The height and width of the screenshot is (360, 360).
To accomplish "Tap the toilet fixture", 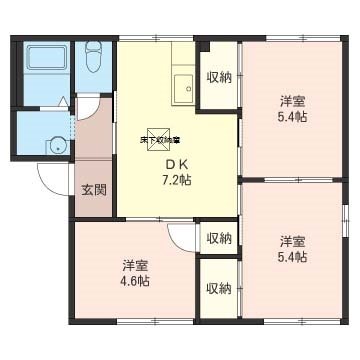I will coord(93,61).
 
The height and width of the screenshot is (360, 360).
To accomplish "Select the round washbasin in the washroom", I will coord(56,141).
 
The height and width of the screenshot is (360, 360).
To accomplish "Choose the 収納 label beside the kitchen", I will coord(218,76).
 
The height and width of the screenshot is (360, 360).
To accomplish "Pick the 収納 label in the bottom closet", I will coord(218,288).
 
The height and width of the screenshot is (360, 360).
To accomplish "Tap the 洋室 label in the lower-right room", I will coord(291,241).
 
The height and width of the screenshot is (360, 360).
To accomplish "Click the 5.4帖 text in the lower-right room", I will coord(291,257).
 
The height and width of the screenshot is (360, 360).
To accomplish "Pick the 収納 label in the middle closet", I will coord(218,238).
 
